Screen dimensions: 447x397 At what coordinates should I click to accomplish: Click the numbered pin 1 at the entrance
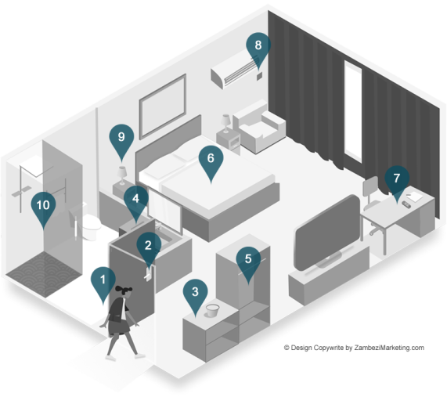tap(103, 283)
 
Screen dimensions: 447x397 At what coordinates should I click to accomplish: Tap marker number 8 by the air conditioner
tap(258, 48)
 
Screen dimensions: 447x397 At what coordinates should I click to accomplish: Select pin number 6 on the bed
tap(211, 161)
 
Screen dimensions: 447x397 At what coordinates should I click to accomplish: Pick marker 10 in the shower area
tap(43, 208)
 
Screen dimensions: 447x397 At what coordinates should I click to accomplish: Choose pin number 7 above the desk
tap(397, 181)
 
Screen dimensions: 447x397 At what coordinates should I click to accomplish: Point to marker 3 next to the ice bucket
tap(195, 294)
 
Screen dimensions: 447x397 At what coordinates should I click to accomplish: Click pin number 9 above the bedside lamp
tap(121, 139)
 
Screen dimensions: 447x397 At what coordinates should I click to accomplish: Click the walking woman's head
tap(124, 291)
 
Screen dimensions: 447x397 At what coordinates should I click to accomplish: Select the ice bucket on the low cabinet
tap(212, 310)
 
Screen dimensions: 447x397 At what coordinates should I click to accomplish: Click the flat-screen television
tap(328, 232)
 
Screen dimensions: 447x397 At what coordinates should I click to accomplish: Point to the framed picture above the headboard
tap(163, 106)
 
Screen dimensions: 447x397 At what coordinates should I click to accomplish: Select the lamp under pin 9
tap(122, 175)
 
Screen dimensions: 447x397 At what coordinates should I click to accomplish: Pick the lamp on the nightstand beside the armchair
tap(225, 123)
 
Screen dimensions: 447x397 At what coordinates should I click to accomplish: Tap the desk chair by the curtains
tap(372, 204)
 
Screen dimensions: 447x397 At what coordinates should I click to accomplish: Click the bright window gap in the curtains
tap(353, 111)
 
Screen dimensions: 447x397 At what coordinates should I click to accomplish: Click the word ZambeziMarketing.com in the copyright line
tap(389, 348)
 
